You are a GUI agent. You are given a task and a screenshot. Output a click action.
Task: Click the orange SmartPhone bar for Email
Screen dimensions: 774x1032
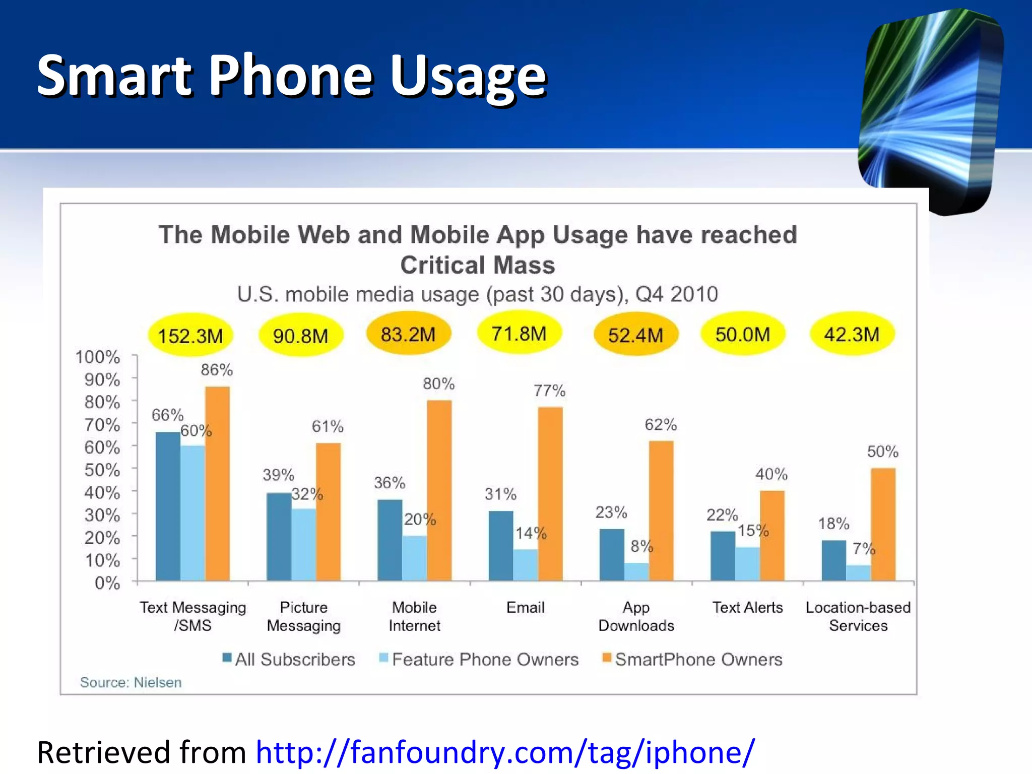point(550,494)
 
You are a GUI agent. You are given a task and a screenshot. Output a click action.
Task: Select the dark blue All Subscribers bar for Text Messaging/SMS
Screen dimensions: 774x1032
point(168,506)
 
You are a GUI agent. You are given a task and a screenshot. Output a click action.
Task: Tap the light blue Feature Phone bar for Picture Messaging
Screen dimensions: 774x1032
point(303,544)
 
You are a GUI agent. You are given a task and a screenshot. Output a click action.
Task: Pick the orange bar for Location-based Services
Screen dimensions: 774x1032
point(883,524)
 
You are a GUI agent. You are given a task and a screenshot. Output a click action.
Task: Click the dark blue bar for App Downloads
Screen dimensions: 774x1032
point(612,554)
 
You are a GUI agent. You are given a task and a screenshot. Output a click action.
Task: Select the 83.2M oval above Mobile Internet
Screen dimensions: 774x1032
point(408,334)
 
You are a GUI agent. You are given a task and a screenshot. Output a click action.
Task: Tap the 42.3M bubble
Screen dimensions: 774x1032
point(852,334)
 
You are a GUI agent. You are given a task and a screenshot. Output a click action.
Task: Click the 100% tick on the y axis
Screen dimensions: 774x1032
point(98,357)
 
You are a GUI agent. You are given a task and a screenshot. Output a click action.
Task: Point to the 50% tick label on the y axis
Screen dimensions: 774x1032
point(102,470)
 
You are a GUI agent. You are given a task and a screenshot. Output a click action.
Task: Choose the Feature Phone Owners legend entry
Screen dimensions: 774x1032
point(479,659)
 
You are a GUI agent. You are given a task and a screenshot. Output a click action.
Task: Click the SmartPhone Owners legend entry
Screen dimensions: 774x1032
point(692,659)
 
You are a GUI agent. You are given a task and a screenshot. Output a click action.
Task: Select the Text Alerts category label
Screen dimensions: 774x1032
point(747,607)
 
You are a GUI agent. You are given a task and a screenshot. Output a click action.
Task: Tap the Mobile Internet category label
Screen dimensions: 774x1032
point(414,616)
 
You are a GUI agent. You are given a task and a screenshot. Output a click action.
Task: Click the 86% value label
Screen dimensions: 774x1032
point(217,370)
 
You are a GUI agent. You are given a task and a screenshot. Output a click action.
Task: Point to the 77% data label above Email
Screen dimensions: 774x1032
point(549,391)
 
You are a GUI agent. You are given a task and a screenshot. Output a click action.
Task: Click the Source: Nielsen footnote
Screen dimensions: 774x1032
point(131,682)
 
